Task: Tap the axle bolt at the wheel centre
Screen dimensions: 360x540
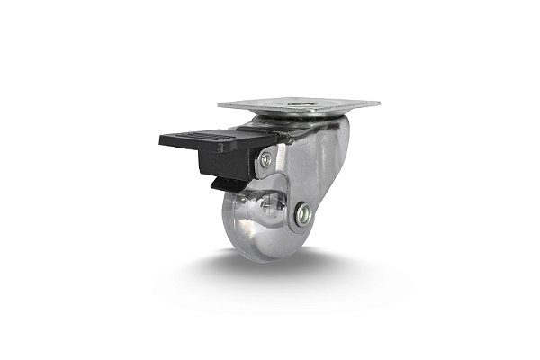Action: point(304,214)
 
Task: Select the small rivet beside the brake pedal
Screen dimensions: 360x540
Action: point(265,160)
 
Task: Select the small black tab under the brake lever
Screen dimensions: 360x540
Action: point(221,184)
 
